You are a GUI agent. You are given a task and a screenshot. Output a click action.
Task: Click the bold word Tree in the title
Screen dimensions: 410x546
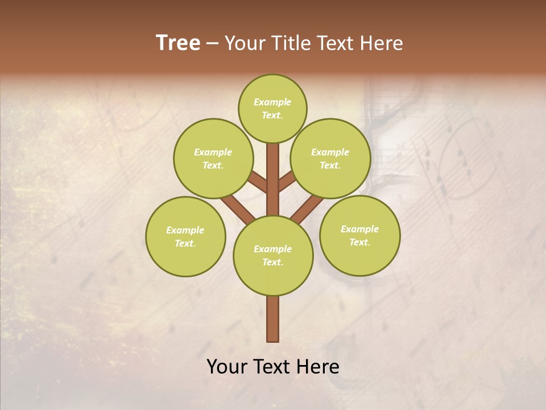[178, 43]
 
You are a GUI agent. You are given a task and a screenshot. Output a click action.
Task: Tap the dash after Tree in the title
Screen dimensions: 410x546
[213, 43]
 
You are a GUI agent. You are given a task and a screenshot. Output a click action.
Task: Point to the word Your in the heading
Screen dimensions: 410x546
[245, 43]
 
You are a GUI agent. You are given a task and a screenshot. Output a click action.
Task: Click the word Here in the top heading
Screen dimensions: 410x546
[382, 43]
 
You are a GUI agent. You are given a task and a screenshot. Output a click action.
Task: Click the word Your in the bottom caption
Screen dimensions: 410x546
[227, 367]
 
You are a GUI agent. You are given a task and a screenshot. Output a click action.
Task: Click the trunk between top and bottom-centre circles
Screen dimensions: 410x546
[273, 182]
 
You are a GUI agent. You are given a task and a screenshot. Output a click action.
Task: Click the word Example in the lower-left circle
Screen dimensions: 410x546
[185, 230]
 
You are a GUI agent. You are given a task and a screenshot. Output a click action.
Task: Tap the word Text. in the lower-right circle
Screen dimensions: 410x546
[359, 242]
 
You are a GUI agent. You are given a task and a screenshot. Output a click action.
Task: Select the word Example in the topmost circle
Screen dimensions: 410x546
[272, 102]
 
